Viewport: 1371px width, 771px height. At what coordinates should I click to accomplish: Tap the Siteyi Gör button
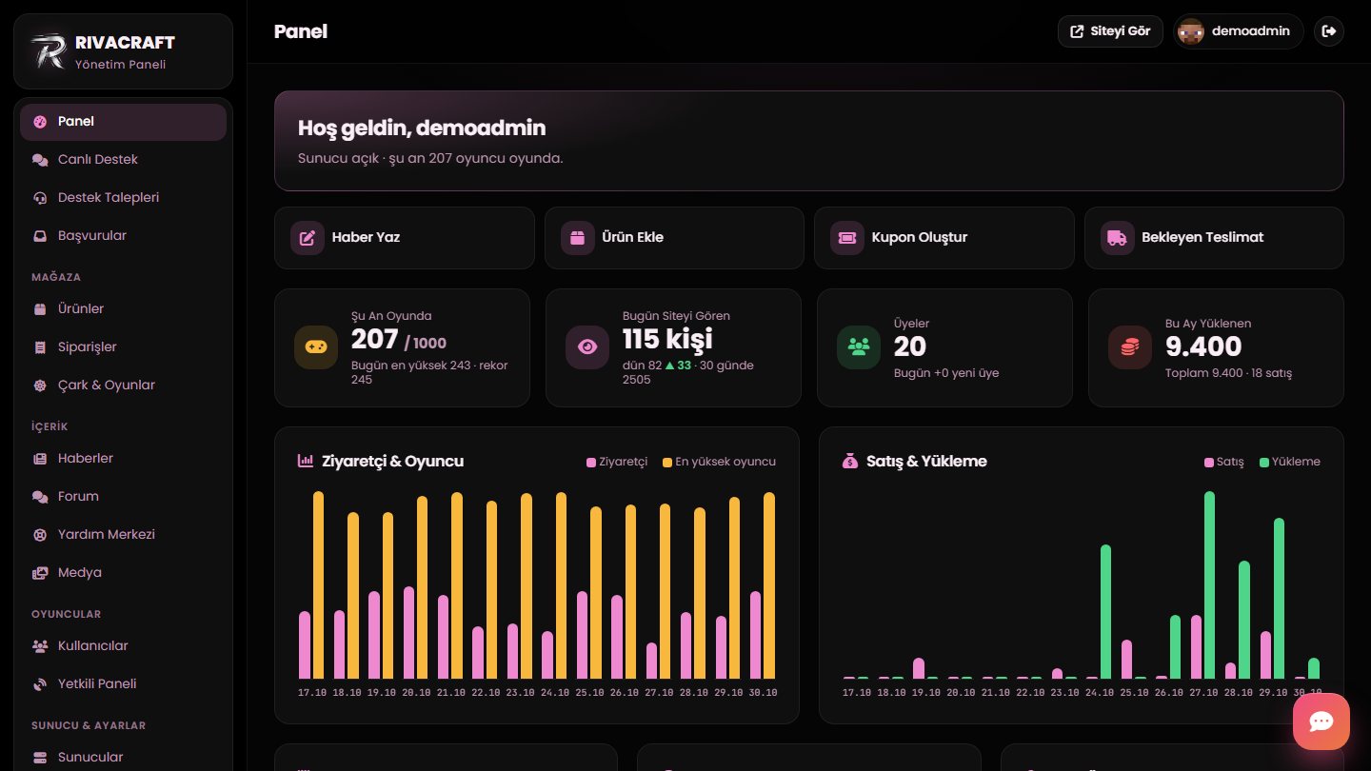(x=1110, y=31)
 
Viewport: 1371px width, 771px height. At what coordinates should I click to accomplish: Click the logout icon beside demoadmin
(x=1329, y=31)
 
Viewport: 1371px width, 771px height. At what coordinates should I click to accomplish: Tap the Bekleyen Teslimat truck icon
(x=1117, y=237)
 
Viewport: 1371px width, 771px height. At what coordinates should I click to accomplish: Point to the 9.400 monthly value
(x=1203, y=346)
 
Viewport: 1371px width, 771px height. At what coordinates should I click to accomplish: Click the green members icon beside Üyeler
(x=858, y=346)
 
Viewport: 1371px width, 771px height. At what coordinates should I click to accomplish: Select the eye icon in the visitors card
(x=586, y=346)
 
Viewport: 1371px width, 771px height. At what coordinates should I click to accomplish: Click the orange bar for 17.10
(x=318, y=585)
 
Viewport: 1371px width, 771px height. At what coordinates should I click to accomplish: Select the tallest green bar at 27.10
(x=1209, y=585)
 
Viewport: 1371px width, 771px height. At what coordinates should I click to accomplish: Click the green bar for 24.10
(x=1105, y=611)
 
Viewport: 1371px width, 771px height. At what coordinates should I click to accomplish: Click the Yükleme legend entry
(x=1289, y=462)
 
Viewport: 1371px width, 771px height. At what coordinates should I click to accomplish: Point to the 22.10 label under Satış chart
(x=1030, y=693)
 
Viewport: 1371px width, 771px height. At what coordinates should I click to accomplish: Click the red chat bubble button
(x=1321, y=722)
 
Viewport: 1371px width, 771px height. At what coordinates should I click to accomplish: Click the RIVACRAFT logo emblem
(x=49, y=50)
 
